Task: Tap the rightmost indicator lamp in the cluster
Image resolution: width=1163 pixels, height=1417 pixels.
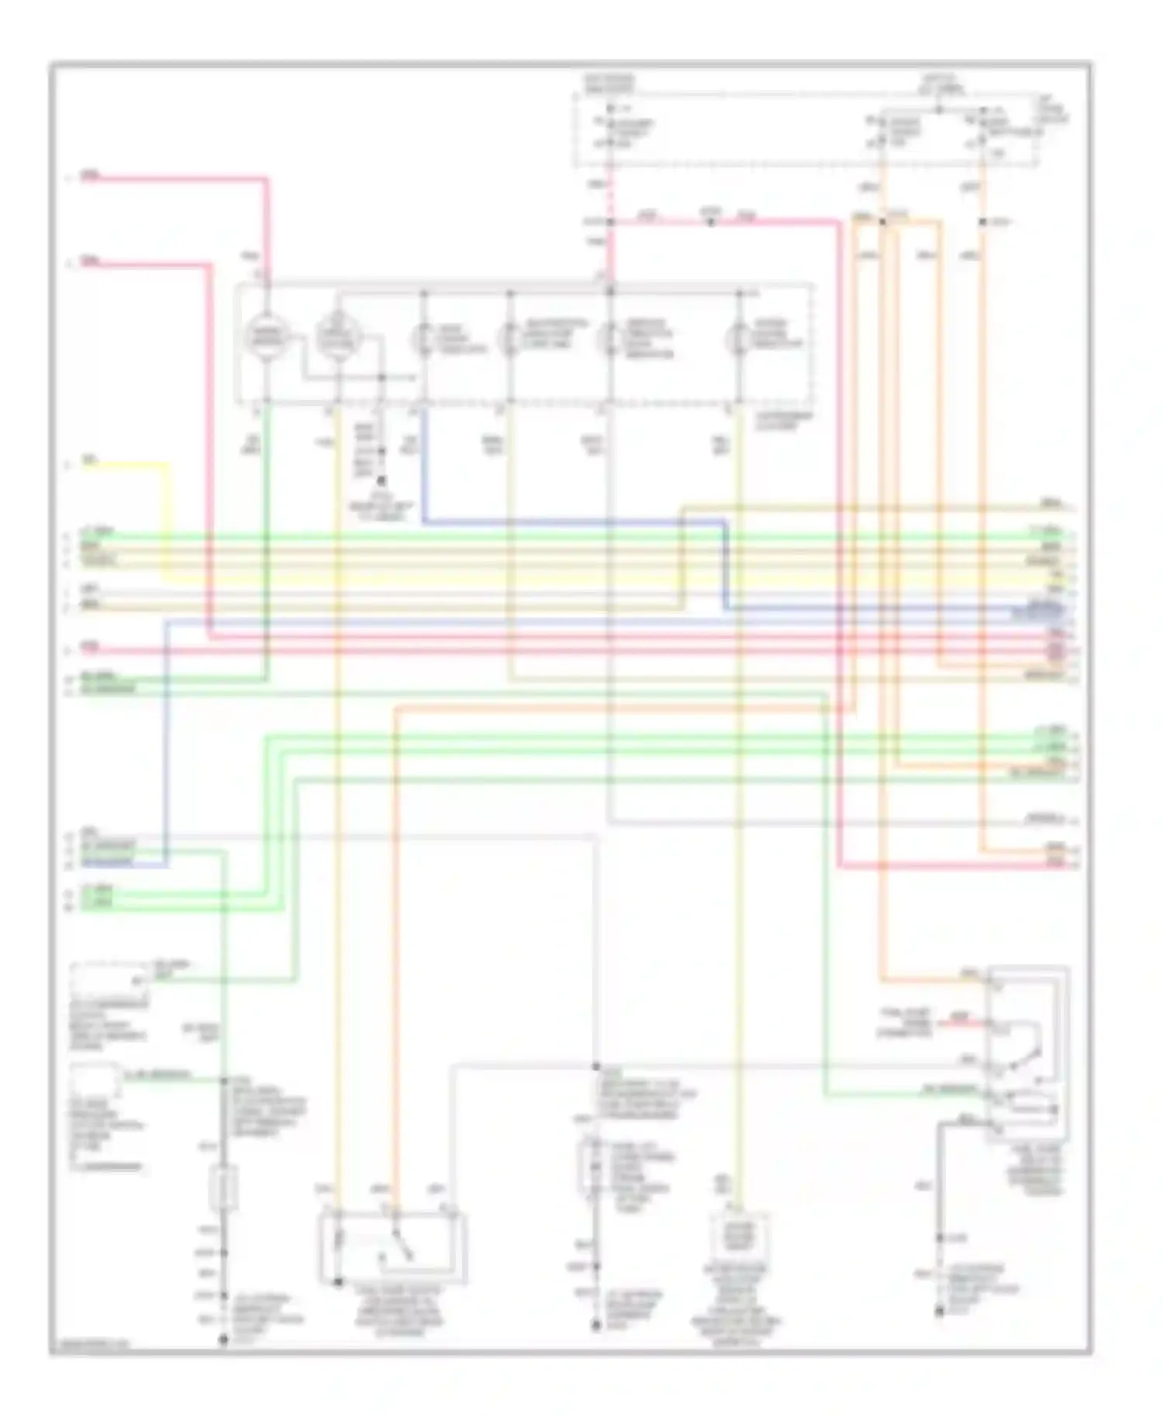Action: point(738,339)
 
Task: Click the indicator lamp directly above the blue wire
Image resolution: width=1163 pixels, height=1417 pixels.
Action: point(423,339)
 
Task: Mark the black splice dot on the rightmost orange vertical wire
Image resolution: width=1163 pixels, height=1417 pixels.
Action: point(982,222)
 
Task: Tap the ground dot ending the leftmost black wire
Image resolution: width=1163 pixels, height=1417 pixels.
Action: point(223,1339)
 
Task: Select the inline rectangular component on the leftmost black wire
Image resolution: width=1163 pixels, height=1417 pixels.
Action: point(223,1188)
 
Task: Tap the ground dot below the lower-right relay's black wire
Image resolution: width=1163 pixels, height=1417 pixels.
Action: point(939,1312)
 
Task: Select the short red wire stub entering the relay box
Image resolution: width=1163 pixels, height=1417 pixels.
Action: point(961,1023)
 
